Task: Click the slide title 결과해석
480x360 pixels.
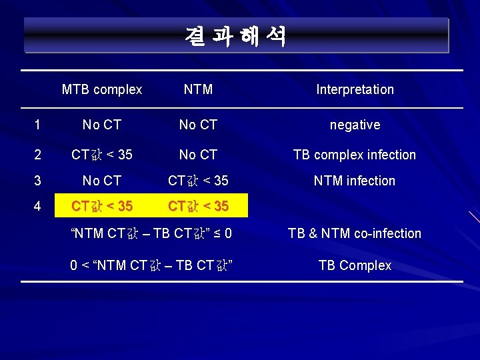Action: (236, 36)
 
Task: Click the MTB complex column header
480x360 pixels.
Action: (102, 89)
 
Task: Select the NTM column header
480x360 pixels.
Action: (198, 89)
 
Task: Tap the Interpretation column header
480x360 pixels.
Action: (355, 89)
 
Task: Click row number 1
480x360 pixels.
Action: (37, 125)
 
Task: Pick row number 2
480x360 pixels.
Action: (37, 155)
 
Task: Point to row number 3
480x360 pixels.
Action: (37, 181)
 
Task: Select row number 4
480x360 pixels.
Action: (37, 206)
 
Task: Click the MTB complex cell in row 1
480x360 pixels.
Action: (102, 125)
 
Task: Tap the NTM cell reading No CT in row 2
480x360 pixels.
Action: (198, 155)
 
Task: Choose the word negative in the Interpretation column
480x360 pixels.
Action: (355, 125)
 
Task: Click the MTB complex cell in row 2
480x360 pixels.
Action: (102, 155)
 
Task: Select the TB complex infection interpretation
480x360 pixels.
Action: (355, 155)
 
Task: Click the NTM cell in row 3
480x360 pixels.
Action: (198, 181)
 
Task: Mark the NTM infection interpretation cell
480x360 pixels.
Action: (355, 181)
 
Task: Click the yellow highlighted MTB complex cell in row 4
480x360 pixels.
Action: (102, 206)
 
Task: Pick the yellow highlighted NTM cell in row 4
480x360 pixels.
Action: (198, 206)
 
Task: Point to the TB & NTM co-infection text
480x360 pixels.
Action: (355, 233)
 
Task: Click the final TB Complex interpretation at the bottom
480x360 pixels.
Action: (355, 265)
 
